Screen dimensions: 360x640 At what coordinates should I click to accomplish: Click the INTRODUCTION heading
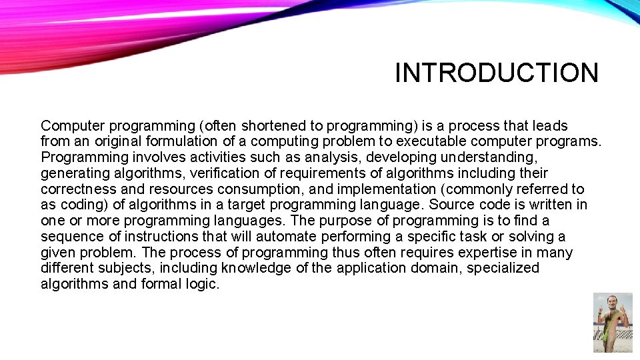[x=497, y=73]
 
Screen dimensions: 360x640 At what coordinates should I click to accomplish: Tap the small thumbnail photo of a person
[x=612, y=323]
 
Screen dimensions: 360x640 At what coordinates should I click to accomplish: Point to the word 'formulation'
[x=179, y=141]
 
